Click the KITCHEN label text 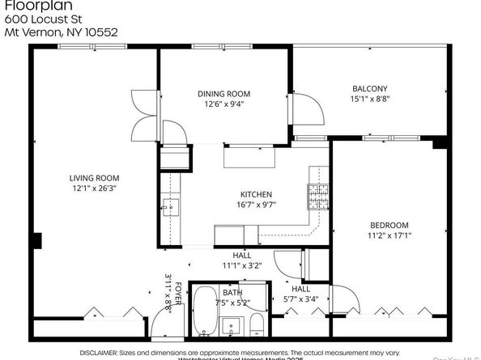tap(256, 194)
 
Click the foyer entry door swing tap(162, 324)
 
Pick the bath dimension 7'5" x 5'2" tap(232, 302)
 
